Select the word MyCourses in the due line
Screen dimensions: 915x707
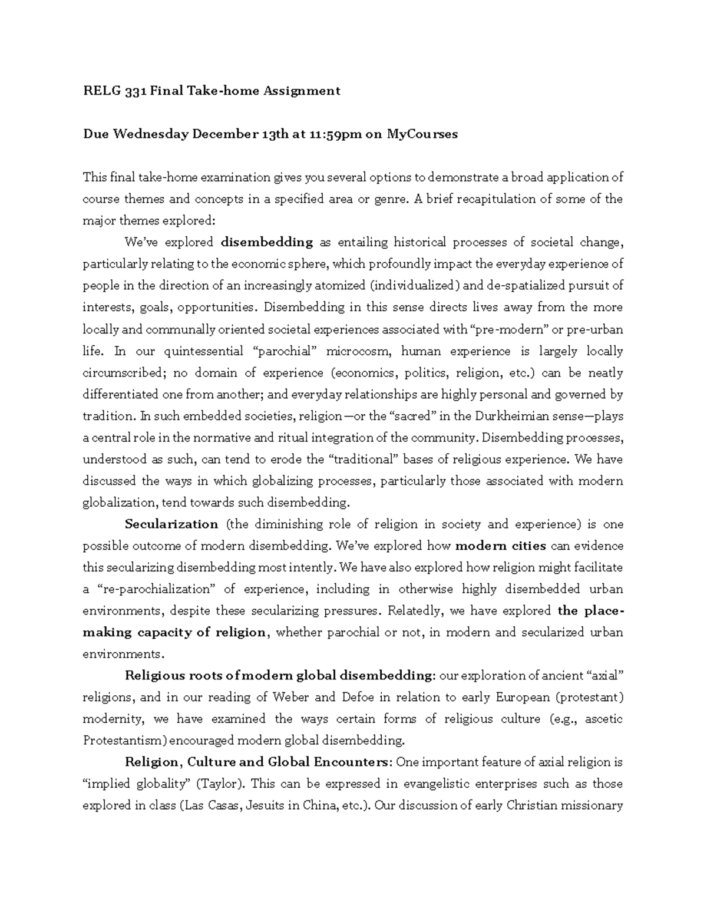tap(422, 134)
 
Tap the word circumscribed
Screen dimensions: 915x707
tap(123, 373)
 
